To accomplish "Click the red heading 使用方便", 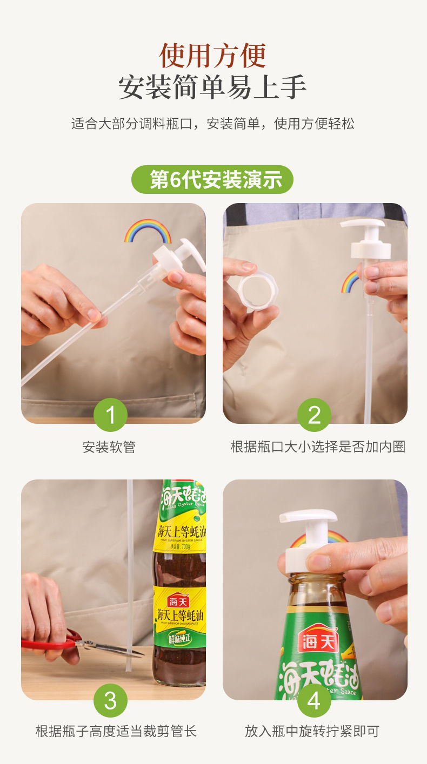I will [x=213, y=55].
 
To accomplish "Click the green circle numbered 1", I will [x=110, y=415].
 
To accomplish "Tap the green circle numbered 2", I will [x=314, y=415].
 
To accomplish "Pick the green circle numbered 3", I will [x=110, y=700].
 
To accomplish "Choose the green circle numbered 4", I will [x=314, y=701].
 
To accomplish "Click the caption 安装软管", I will [x=109, y=447].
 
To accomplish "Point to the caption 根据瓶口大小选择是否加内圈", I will [x=318, y=447].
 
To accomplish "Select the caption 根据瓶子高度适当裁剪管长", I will [x=116, y=732].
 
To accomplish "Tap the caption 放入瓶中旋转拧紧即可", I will [x=312, y=732].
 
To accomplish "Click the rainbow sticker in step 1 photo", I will [x=148, y=231].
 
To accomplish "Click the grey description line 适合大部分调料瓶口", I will [x=213, y=124].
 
